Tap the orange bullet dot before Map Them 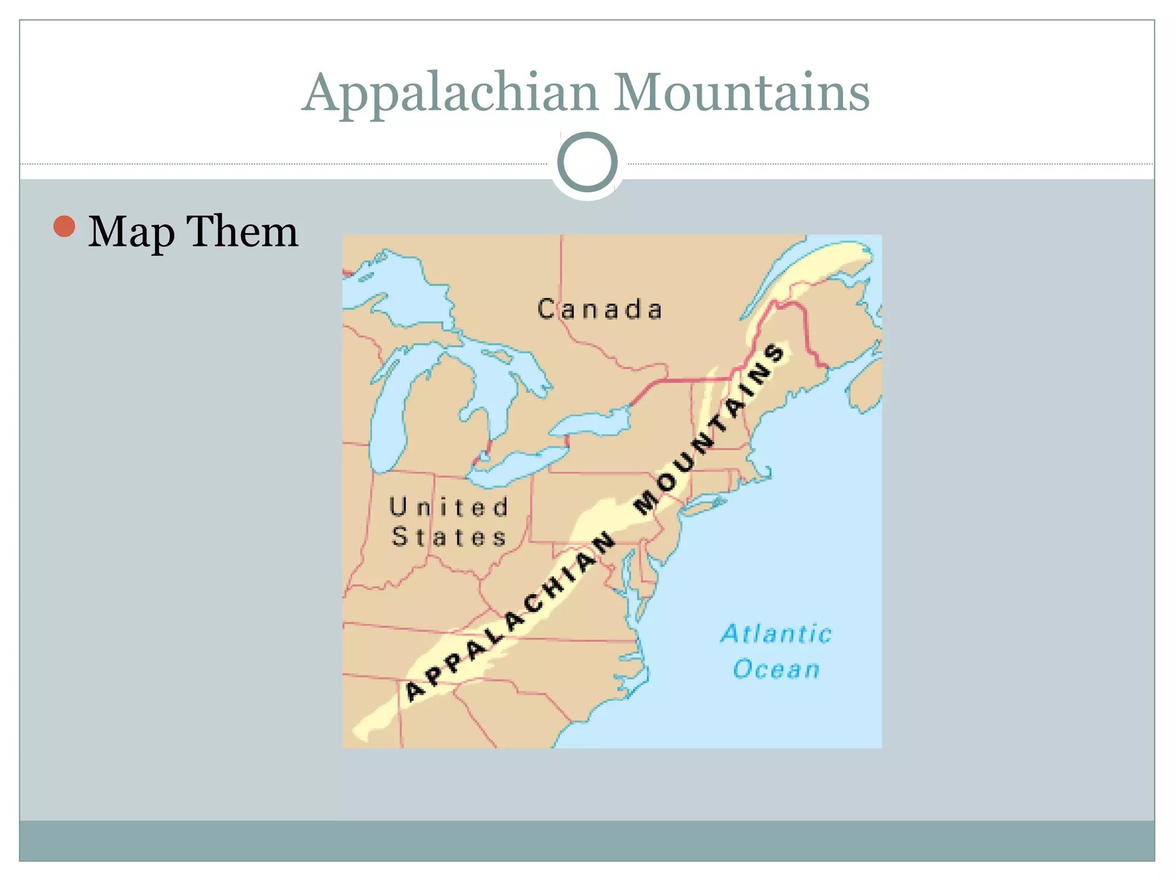click(64, 227)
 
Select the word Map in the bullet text click(131, 232)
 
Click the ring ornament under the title click(587, 162)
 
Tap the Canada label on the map click(600, 310)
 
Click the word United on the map click(449, 508)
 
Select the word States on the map click(449, 537)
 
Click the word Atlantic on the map click(776, 634)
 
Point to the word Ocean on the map click(776, 669)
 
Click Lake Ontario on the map click(591, 424)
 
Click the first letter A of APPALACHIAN click(414, 691)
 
